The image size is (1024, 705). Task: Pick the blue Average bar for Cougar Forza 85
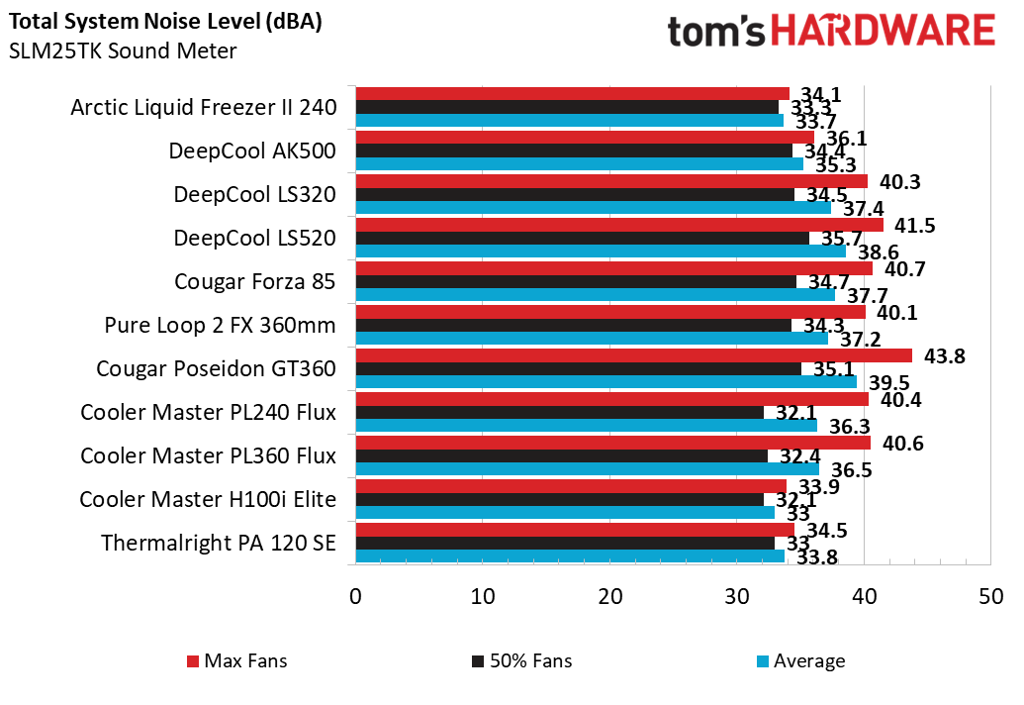595,294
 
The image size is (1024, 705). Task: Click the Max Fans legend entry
236,660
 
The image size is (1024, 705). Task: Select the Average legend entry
800,660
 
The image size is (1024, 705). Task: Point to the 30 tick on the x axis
737,597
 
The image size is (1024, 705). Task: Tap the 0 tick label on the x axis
355,597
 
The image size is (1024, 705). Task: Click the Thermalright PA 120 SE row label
218,544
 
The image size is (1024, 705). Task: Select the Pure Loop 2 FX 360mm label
220,325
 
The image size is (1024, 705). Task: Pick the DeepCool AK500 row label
252,151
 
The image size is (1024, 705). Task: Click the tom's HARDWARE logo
831,31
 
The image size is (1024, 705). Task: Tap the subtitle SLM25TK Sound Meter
123,50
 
